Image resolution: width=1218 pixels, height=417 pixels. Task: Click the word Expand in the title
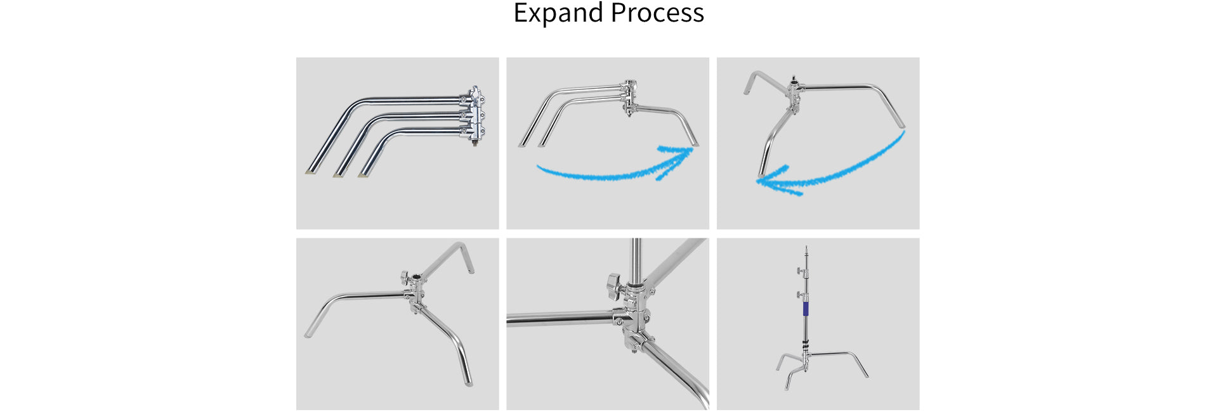558,13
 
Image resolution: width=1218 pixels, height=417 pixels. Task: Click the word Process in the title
657,13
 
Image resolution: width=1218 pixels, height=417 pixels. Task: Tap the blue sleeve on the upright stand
806,309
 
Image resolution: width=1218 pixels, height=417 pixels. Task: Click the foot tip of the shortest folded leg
363,174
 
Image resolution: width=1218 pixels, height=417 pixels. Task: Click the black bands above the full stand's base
806,346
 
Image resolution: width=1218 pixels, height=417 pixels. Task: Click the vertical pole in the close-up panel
636,260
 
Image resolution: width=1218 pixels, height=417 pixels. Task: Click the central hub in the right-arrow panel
629,97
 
